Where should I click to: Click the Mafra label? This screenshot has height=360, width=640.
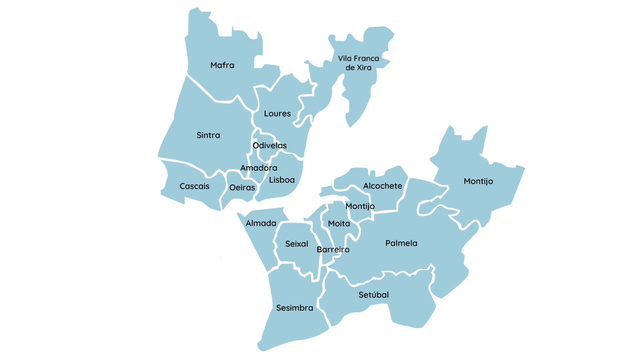pyautogui.click(x=222, y=65)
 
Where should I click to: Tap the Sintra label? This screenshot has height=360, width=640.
pyautogui.click(x=208, y=135)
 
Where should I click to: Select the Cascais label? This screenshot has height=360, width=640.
pyautogui.click(x=194, y=186)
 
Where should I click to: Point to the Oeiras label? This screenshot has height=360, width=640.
pyautogui.click(x=242, y=188)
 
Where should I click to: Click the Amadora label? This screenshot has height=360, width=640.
pyautogui.click(x=259, y=168)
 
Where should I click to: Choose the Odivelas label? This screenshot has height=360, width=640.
pyautogui.click(x=270, y=146)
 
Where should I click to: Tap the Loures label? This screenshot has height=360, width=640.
pyautogui.click(x=277, y=114)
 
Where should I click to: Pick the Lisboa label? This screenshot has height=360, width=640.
pyautogui.click(x=282, y=180)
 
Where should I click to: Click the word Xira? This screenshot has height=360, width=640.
pyautogui.click(x=364, y=68)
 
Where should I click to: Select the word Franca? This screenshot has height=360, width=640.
pyautogui.click(x=366, y=59)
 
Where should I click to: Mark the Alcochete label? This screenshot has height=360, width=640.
pyautogui.click(x=383, y=186)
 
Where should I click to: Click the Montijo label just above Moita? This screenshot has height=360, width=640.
pyautogui.click(x=360, y=206)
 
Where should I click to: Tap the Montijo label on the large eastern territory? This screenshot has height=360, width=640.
pyautogui.click(x=478, y=181)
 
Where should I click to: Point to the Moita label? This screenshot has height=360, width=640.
pyautogui.click(x=339, y=224)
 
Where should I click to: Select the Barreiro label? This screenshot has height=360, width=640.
pyautogui.click(x=333, y=250)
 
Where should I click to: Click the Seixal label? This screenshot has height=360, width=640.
pyautogui.click(x=297, y=244)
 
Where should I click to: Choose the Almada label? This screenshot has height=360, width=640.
pyautogui.click(x=261, y=223)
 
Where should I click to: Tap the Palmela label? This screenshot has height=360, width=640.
pyautogui.click(x=401, y=243)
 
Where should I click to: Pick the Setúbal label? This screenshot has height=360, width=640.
pyautogui.click(x=374, y=295)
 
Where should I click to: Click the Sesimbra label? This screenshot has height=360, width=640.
pyautogui.click(x=295, y=308)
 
